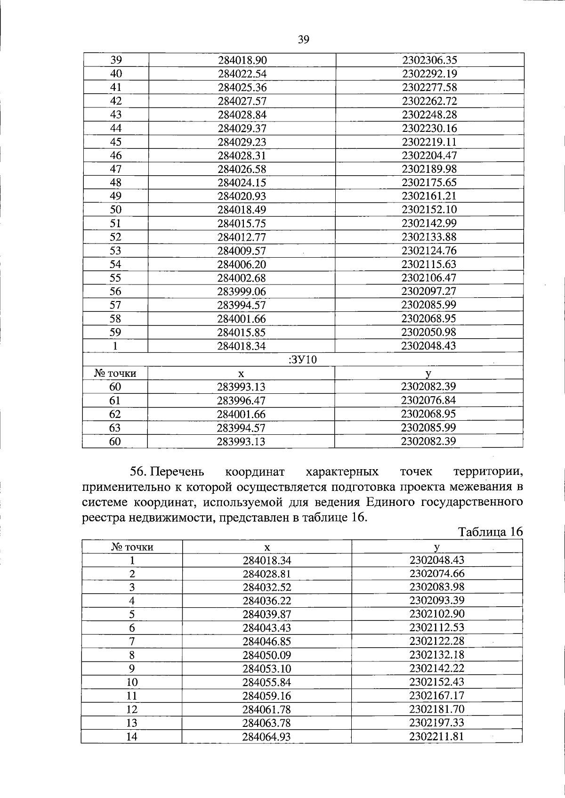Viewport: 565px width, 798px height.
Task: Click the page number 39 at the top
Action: click(303, 40)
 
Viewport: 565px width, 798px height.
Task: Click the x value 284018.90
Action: click(242, 60)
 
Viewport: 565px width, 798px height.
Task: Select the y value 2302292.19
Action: click(429, 73)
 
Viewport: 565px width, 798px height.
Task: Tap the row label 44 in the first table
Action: click(116, 128)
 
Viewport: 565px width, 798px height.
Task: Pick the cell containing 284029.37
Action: click(242, 128)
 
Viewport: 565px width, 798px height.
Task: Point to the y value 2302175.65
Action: click(429, 183)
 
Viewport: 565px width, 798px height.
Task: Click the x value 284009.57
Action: click(242, 251)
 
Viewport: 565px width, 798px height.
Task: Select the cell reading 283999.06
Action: click(242, 292)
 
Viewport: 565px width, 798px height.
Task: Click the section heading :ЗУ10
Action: click(302, 360)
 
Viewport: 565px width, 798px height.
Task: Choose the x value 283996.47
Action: click(242, 401)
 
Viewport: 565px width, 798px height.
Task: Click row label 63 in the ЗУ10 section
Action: click(115, 428)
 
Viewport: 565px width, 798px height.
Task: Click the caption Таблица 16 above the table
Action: click(490, 532)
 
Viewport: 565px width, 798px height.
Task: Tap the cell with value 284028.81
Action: click(267, 574)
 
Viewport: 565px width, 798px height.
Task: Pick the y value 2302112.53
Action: click(437, 628)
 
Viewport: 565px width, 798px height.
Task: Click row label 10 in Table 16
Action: click(132, 682)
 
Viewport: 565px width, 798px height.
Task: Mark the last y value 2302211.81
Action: click(437, 736)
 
